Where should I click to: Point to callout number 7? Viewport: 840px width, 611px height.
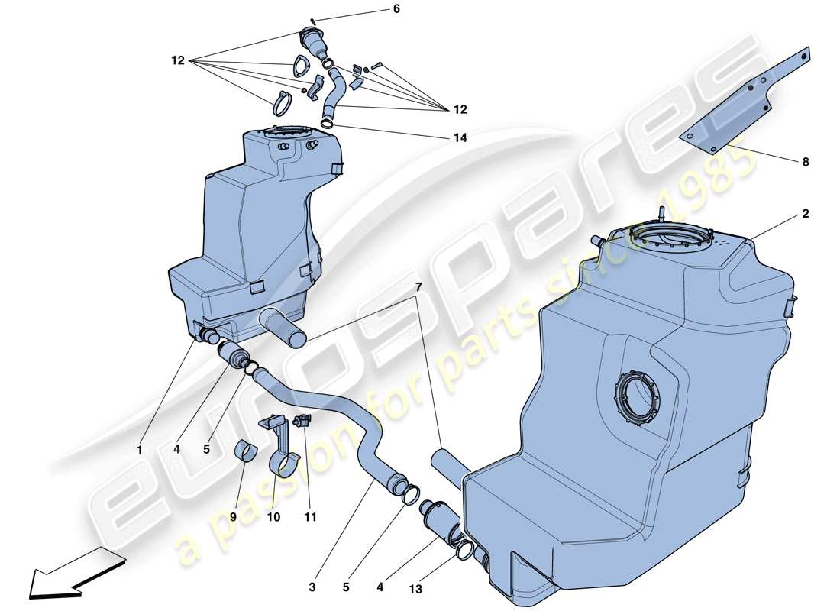tap(418, 286)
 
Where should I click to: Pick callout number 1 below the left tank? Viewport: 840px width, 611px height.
tap(140, 451)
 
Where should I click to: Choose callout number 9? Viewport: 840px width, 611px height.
tap(233, 517)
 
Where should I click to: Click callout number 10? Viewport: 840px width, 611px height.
tap(273, 517)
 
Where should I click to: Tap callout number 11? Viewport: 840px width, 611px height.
tap(309, 517)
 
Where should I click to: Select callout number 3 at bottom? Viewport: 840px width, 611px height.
tap(312, 587)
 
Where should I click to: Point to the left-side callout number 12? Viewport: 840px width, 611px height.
tap(178, 60)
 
